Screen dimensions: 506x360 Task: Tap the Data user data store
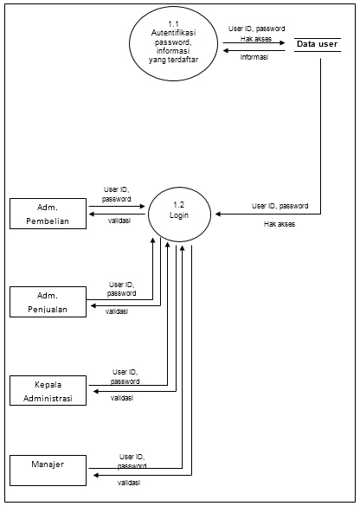coord(318,44)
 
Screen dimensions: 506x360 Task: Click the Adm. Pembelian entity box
coord(48,214)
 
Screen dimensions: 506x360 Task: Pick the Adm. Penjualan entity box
coord(48,303)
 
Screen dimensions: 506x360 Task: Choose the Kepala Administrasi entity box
coord(48,390)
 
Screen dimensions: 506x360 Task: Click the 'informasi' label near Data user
coord(254,59)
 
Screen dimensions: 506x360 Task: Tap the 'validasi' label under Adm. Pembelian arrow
coord(119,221)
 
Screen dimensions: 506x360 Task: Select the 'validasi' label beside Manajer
coord(131,483)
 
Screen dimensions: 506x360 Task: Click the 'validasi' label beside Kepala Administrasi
coord(121,399)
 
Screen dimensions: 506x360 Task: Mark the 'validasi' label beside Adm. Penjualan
coord(117,312)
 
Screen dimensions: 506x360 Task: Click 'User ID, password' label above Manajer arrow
coord(131,460)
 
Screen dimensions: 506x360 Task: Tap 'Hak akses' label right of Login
coord(280,223)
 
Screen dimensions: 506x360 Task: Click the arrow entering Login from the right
coord(260,214)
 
